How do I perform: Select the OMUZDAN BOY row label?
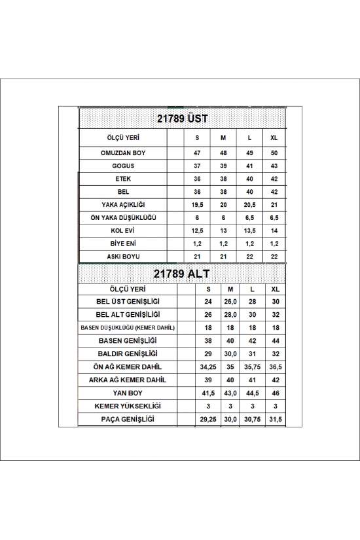[122, 154]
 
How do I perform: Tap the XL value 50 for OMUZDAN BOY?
[274, 154]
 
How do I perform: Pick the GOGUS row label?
[122, 166]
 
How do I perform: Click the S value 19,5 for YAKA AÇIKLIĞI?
[197, 204]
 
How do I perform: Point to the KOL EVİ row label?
[122, 230]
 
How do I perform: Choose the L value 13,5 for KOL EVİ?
[249, 230]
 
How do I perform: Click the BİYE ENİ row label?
[122, 243]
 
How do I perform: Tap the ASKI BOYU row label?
[122, 255]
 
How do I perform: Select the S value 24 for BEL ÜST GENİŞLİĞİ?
[208, 302]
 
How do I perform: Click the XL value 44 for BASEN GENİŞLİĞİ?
[274, 340]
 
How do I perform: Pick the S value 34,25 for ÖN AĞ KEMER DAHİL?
[208, 367]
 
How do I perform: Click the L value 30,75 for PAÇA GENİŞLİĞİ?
[253, 418]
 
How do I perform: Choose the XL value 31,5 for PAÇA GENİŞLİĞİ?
[274, 418]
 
